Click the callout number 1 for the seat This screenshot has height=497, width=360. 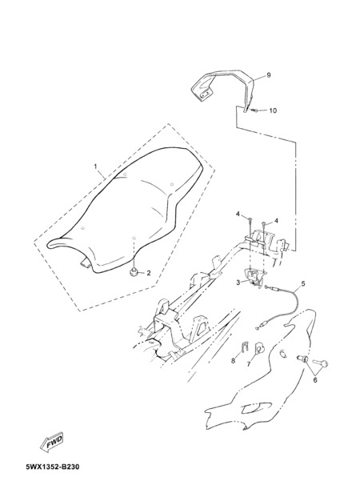(x=94, y=166)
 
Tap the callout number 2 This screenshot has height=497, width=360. (x=149, y=273)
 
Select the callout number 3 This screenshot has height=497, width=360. (x=238, y=283)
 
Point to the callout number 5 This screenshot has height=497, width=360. (x=303, y=283)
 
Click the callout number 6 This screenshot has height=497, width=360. (x=315, y=380)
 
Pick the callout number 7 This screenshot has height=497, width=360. (x=249, y=364)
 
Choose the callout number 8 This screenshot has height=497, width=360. (x=234, y=360)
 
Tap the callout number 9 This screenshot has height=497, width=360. (x=269, y=75)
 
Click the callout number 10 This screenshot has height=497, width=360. (x=273, y=110)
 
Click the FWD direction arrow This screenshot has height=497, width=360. (x=52, y=442)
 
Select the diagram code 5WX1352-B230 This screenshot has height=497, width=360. (x=52, y=467)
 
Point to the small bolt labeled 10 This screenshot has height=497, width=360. (x=254, y=110)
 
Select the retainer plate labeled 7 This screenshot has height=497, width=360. (x=259, y=348)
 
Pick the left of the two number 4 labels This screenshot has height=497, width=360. (x=238, y=214)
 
